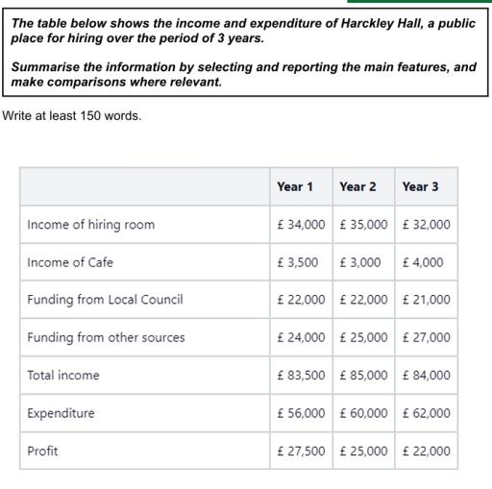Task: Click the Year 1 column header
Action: point(295,186)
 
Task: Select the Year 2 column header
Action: point(357,186)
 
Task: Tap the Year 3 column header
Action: point(421,186)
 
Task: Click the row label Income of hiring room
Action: point(91,225)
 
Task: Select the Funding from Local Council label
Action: point(105,300)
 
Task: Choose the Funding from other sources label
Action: point(106,337)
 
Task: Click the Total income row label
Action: point(63,375)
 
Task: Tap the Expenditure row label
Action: point(61,413)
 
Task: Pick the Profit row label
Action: point(43,451)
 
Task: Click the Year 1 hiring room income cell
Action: point(301,225)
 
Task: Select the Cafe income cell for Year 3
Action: point(423,262)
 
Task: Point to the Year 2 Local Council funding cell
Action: point(363,300)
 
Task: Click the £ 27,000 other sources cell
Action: point(426,337)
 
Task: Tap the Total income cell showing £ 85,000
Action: point(363,375)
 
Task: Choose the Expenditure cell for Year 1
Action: point(301,413)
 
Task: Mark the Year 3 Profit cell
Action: point(426,451)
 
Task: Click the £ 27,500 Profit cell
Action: point(301,451)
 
